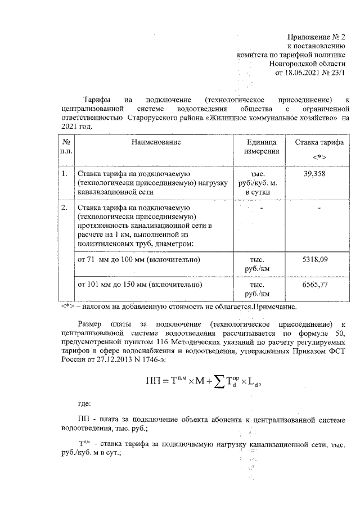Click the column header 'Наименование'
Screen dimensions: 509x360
156,142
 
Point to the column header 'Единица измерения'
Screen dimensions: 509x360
260,147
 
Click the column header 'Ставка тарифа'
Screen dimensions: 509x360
319,142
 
